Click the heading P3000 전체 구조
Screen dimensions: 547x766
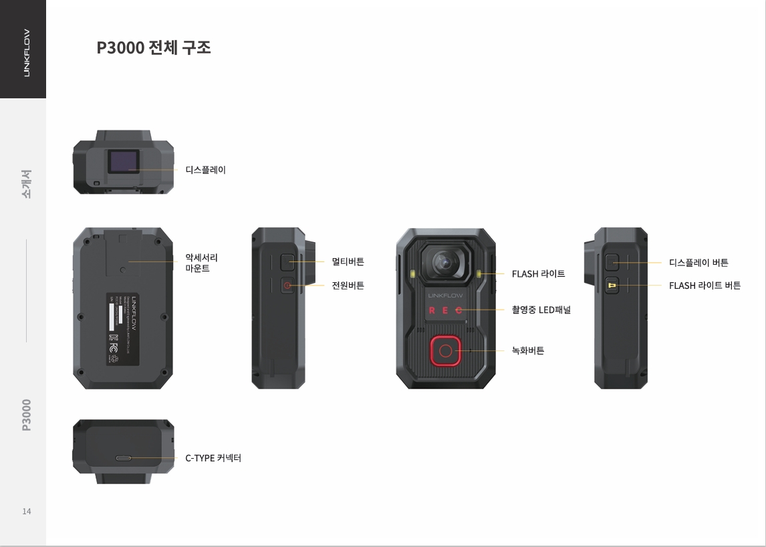[x=154, y=47]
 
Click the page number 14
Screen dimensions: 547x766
[x=27, y=512]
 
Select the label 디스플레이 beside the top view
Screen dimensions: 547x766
[x=205, y=170]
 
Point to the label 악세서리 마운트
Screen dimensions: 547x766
[x=201, y=263]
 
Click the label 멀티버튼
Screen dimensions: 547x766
[x=348, y=261]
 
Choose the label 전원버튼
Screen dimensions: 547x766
[x=348, y=286]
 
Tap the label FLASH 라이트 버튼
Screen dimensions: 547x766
[x=705, y=286]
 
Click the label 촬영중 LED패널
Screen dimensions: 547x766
[x=541, y=310]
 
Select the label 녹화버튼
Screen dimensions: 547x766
[x=527, y=350]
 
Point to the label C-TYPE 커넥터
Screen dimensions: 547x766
[x=213, y=458]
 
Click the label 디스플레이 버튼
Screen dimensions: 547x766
[x=698, y=263]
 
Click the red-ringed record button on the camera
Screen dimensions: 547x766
[x=446, y=351]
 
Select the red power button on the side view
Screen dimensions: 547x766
[x=286, y=286]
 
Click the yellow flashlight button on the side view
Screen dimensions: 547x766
[x=612, y=286]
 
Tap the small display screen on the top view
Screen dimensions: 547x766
[x=124, y=162]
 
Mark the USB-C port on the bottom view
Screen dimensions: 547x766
[x=124, y=459]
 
